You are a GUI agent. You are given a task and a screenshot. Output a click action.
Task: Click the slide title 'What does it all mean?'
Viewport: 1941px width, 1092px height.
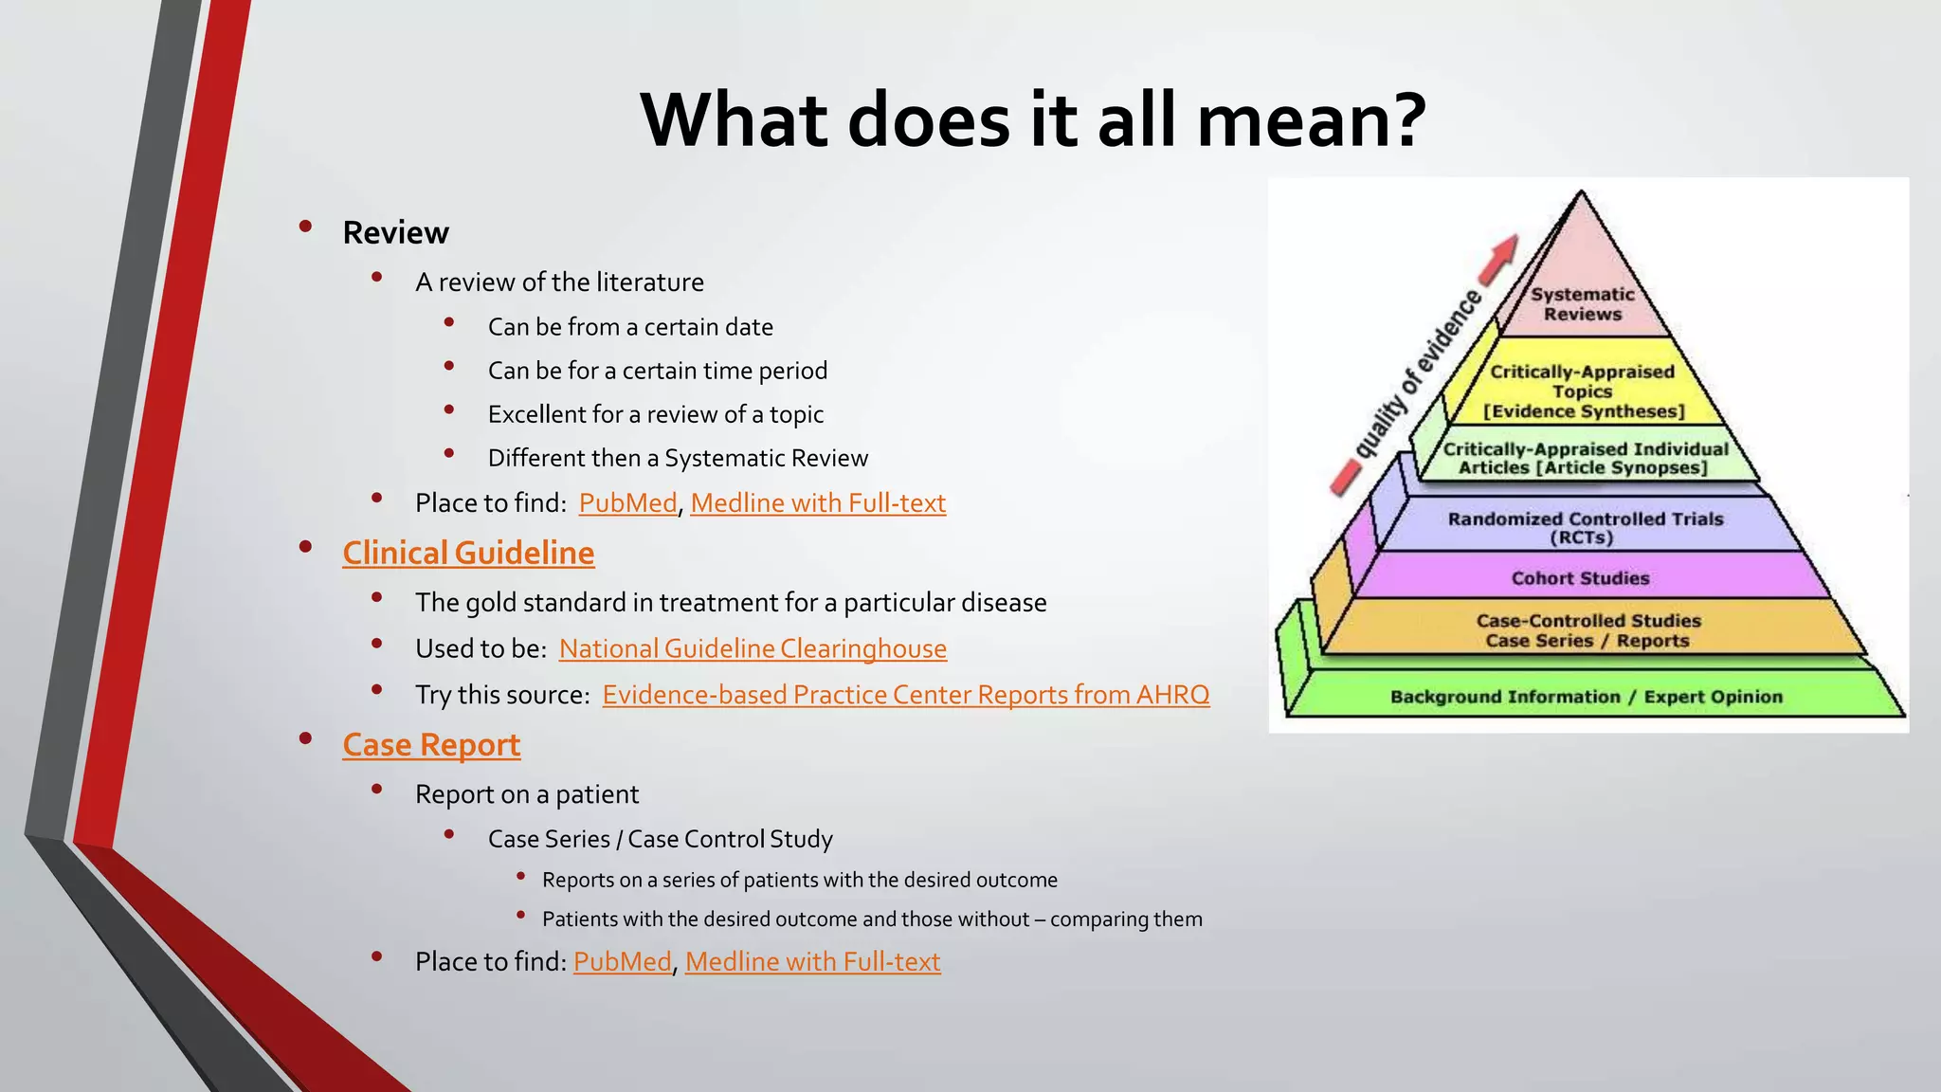point(1033,120)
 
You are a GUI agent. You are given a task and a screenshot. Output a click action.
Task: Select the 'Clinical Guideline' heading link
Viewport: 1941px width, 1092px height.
point(468,553)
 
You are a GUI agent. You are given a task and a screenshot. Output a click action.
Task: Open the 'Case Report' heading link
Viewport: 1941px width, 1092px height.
point(431,745)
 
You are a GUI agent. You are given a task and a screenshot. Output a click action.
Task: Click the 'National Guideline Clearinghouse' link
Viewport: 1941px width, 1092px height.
point(753,648)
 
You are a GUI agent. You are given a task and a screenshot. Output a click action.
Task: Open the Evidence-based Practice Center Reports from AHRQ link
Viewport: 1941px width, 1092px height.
point(905,695)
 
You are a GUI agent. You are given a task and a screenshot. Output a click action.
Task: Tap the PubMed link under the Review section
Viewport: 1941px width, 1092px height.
point(627,503)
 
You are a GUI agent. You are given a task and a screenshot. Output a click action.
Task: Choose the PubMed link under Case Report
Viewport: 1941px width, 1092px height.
point(622,962)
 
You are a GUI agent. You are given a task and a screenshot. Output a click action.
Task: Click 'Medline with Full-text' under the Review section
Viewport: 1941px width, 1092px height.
point(818,503)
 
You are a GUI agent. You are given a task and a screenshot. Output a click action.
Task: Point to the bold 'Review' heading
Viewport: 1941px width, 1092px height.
point(395,232)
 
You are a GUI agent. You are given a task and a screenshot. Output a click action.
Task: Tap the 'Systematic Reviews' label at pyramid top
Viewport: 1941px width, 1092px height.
point(1582,304)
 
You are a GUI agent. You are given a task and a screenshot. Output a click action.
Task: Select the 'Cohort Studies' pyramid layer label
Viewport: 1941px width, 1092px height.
point(1580,578)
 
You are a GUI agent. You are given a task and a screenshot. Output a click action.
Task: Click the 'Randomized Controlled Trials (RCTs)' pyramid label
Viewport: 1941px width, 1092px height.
point(1585,528)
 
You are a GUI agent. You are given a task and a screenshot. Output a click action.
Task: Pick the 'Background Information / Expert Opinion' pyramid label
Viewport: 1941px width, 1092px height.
point(1586,697)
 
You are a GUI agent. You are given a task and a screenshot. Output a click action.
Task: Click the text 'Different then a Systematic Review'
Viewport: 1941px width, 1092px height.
point(678,459)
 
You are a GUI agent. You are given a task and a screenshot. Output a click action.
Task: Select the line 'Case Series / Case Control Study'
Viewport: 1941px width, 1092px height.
point(660,839)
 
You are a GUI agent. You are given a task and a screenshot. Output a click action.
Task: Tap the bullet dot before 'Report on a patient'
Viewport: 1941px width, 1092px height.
point(377,789)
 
